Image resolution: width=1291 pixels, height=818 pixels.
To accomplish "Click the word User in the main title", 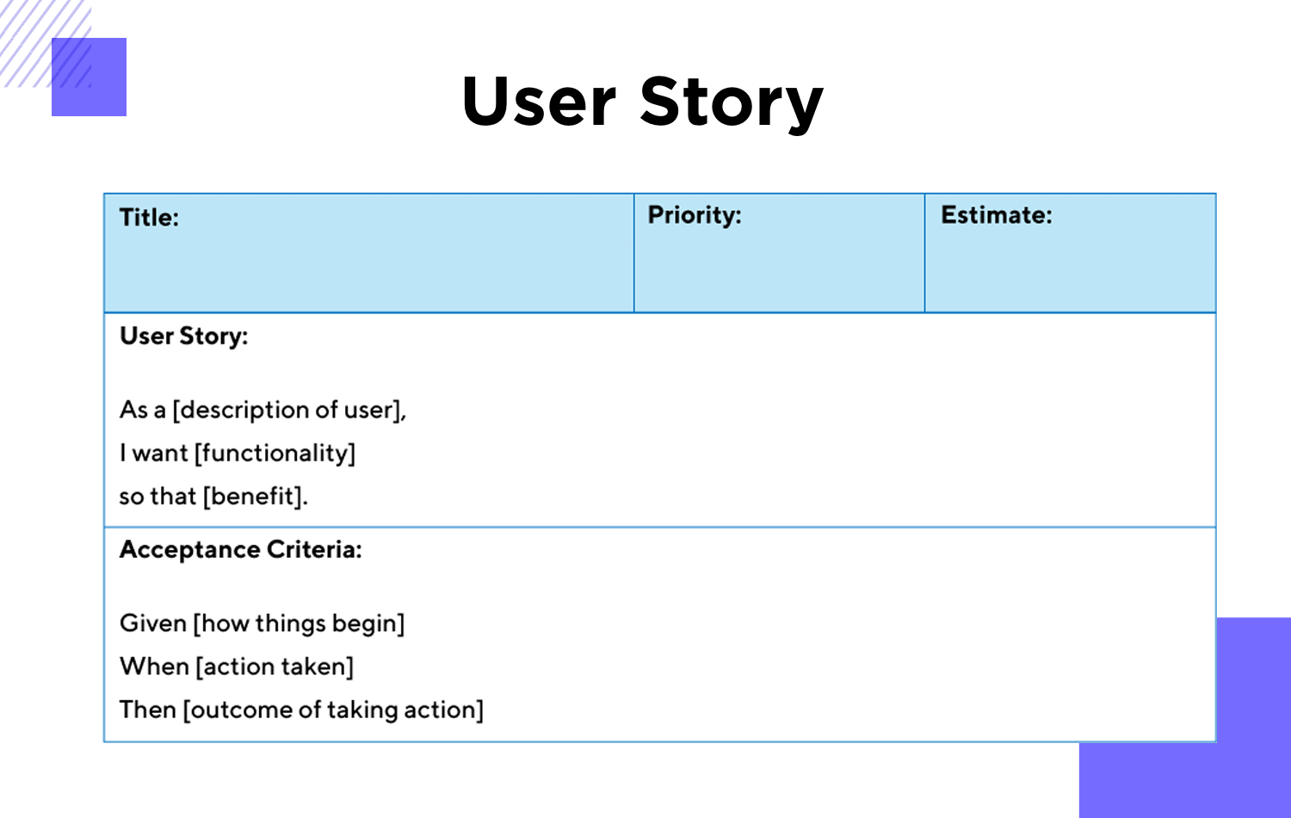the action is [x=539, y=101].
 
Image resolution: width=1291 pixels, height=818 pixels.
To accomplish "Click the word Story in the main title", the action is [x=732, y=104].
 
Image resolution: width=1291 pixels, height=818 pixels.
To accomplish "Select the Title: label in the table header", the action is [x=149, y=217].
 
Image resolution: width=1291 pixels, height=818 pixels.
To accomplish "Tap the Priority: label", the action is [x=695, y=215].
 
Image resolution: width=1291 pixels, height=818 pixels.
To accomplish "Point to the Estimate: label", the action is [x=997, y=215].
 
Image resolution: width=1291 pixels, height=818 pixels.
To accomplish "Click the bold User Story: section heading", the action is [x=184, y=336].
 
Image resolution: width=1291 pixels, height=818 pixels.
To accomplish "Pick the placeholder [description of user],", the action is [x=289, y=411].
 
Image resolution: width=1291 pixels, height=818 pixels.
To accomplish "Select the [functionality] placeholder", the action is [x=275, y=453].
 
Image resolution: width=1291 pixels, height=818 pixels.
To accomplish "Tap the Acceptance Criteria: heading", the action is [x=240, y=549].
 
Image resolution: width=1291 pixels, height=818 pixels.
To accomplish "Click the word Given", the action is [x=152, y=623].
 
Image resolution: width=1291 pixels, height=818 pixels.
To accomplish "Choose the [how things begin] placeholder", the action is [x=300, y=623].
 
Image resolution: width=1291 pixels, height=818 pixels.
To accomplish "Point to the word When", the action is [x=154, y=666].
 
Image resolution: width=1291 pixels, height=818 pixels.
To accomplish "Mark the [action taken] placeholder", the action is [x=275, y=667].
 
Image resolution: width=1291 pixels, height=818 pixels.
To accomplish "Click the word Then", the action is [x=147, y=710].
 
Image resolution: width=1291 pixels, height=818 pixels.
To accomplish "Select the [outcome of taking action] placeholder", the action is [x=333, y=710].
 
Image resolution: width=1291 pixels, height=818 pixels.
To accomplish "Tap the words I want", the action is [x=154, y=453].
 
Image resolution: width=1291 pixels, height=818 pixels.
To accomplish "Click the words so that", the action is [x=158, y=496].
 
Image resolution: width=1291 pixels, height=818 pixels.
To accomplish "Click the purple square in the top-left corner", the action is [x=89, y=77].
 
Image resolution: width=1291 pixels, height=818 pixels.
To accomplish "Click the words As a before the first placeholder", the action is [x=142, y=411].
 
